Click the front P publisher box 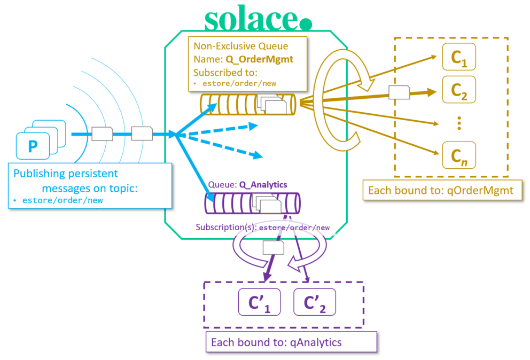pyautogui.click(x=33, y=146)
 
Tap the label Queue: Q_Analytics pyautogui.click(x=247, y=185)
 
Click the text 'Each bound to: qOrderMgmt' pyautogui.click(x=442, y=190)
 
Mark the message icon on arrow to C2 pyautogui.click(x=399, y=92)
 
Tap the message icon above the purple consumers pyautogui.click(x=274, y=247)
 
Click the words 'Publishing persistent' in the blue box pyautogui.click(x=65, y=174)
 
